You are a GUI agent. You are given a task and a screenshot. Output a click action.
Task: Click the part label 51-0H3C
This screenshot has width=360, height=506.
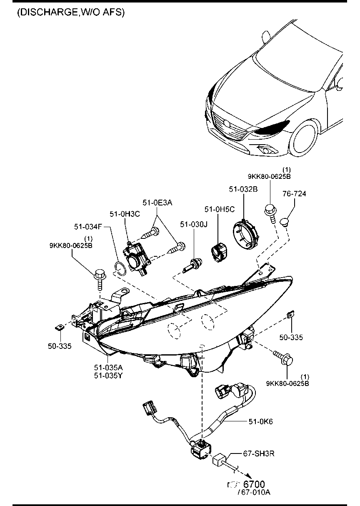click(125, 214)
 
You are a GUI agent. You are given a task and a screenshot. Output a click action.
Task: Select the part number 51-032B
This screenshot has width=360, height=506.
click(243, 189)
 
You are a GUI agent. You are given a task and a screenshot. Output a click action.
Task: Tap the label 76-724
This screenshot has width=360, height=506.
click(294, 194)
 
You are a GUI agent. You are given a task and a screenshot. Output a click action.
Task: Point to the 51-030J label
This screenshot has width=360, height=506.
click(194, 225)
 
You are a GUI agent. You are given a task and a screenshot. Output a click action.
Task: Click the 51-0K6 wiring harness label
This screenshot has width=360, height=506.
click(260, 422)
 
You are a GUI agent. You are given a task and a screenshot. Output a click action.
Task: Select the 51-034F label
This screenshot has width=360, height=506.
click(88, 227)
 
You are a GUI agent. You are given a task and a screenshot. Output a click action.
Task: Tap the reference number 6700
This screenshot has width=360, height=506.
click(254, 484)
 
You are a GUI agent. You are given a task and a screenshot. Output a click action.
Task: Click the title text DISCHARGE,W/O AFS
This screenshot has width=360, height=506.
click(71, 13)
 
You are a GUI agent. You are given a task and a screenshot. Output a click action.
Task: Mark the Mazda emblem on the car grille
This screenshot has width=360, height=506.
click(227, 123)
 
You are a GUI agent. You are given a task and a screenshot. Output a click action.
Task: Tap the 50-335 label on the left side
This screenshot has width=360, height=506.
click(59, 346)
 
